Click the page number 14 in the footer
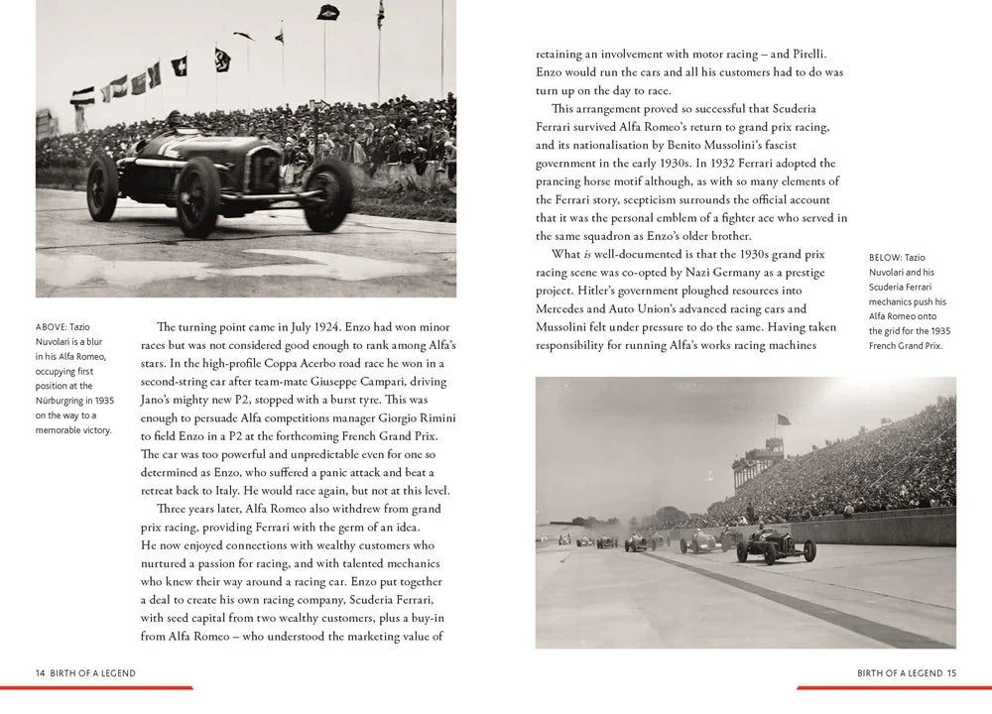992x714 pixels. pyautogui.click(x=40, y=672)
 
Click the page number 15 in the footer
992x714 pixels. pyautogui.click(x=951, y=672)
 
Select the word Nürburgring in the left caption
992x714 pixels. pyautogui.click(x=65, y=401)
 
